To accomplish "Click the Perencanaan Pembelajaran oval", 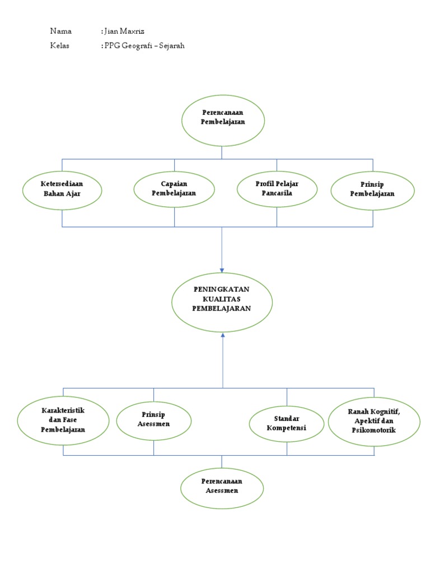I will click(222, 120).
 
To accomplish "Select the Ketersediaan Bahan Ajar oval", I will click(62, 190).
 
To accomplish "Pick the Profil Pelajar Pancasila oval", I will click(277, 189).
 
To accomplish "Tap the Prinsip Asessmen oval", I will click(154, 421).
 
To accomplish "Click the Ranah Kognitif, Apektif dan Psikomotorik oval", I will click(373, 421).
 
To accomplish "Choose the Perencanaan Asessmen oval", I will click(222, 487).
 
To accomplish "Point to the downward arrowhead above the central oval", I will click(222, 267).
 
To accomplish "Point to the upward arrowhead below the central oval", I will click(223, 335).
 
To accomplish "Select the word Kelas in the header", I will click(59, 46).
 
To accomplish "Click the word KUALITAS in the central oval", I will click(222, 300).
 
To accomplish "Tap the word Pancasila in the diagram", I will click(277, 194).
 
